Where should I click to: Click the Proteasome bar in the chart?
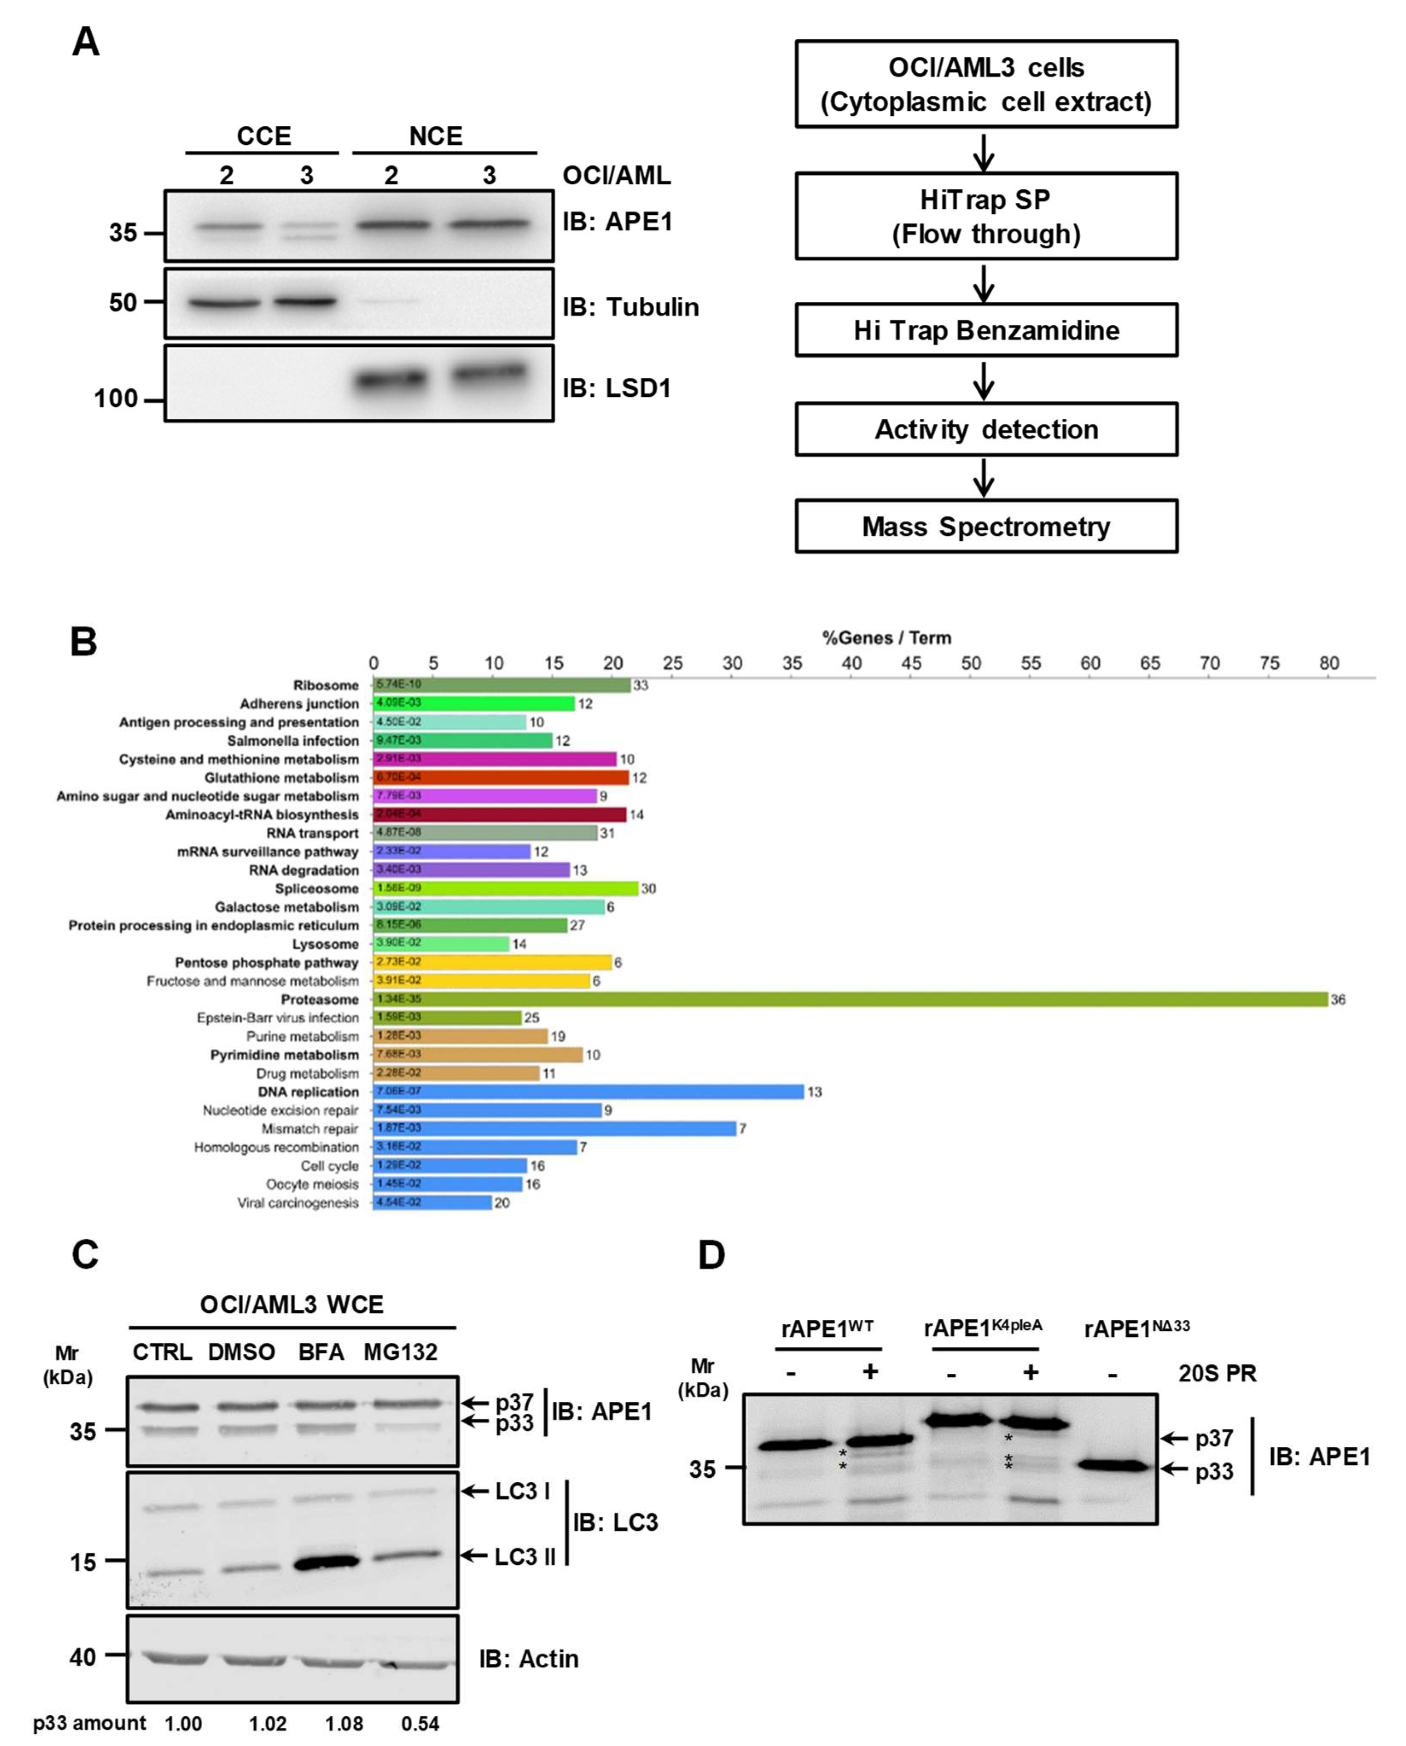click(x=850, y=999)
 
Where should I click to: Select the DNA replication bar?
click(x=589, y=1091)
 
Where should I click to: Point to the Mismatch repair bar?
click(x=555, y=1128)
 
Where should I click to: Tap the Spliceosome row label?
click(x=317, y=889)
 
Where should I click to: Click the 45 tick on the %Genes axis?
click(x=911, y=663)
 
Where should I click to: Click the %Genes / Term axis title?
click(x=887, y=638)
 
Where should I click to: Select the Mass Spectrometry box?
click(x=986, y=527)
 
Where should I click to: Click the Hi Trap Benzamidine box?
click(x=986, y=330)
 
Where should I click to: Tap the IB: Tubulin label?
click(x=630, y=307)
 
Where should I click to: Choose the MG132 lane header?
click(x=400, y=1352)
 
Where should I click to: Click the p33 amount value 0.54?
click(x=420, y=1723)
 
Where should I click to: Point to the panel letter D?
click(x=711, y=1254)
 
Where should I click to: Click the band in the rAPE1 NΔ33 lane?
click(x=1113, y=1465)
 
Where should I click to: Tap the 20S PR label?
click(x=1216, y=1373)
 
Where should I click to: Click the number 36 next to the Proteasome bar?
click(x=1338, y=1000)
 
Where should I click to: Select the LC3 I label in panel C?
click(x=522, y=1492)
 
